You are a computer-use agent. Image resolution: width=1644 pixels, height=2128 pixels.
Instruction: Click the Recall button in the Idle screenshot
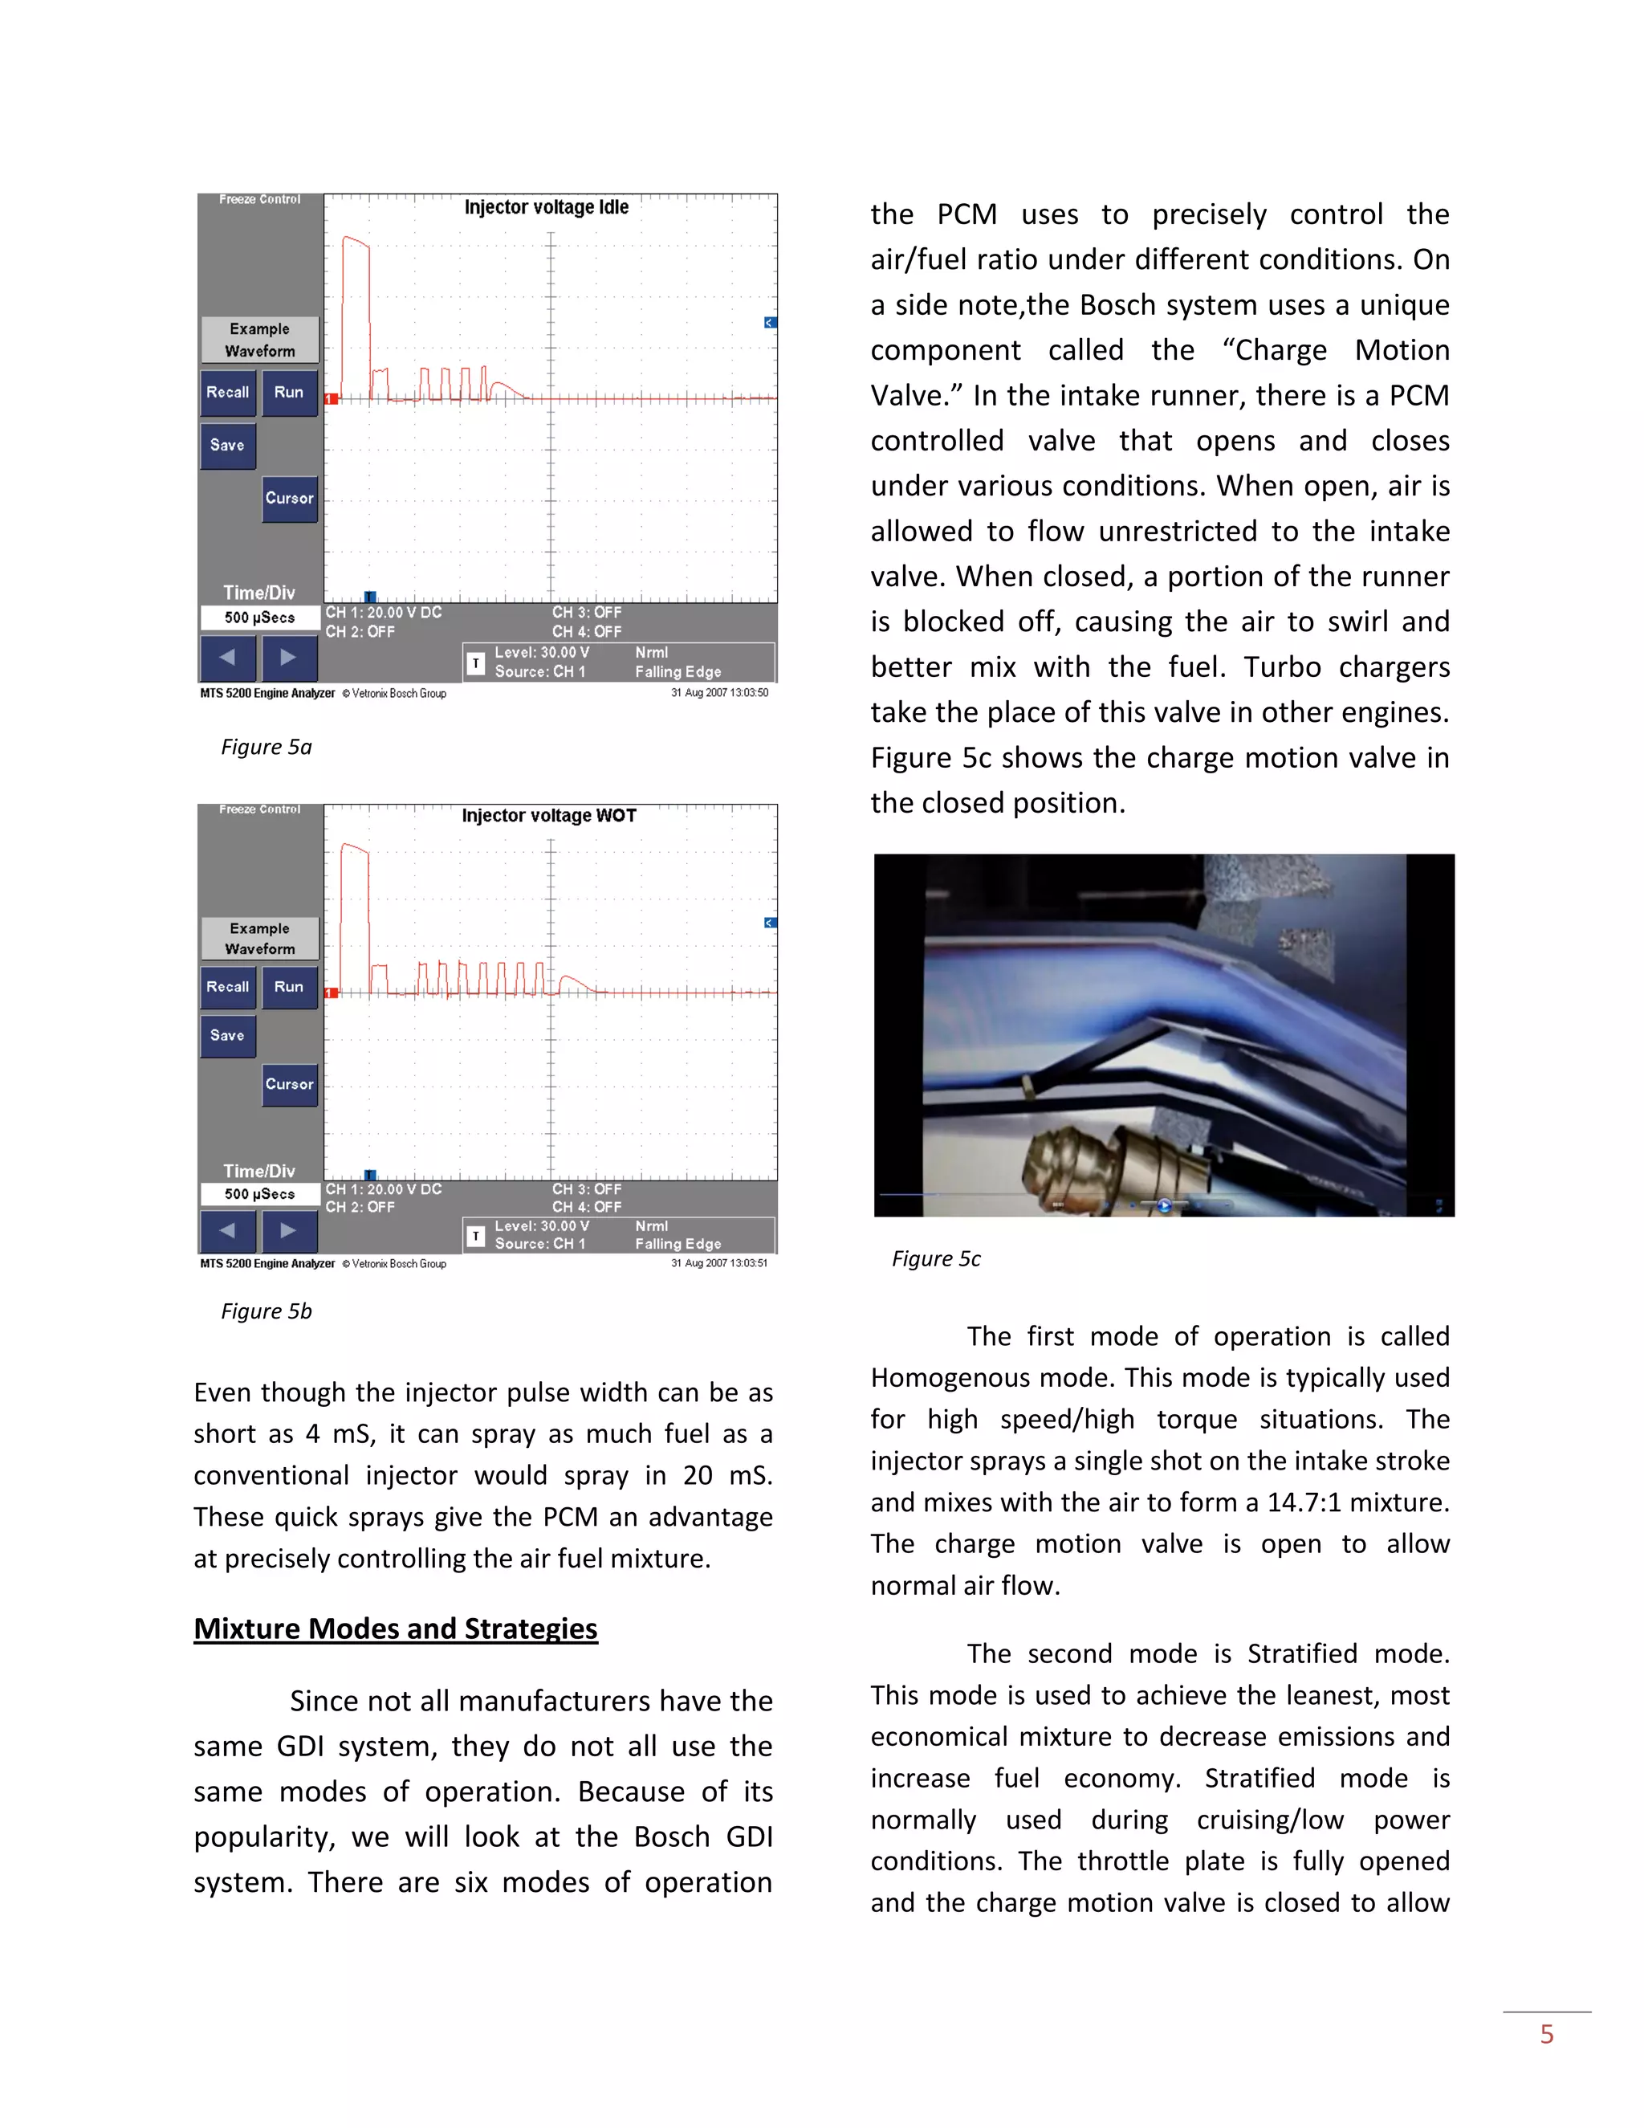tap(228, 393)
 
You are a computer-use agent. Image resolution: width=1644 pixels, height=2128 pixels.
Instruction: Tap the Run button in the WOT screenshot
tap(289, 987)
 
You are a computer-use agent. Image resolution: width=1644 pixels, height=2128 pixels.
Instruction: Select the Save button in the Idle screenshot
tap(228, 446)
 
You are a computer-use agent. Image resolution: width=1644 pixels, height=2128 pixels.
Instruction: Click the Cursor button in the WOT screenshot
tap(289, 1084)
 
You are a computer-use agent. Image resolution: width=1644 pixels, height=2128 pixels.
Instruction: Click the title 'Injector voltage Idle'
tap(547, 207)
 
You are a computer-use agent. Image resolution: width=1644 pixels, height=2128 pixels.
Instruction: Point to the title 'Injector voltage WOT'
tap(548, 816)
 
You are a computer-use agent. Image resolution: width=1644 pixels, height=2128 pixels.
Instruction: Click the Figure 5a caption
tap(266, 748)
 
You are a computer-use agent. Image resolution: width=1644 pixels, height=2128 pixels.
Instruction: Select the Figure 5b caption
tap(266, 1311)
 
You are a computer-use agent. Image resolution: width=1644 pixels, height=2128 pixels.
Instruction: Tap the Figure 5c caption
tap(936, 1259)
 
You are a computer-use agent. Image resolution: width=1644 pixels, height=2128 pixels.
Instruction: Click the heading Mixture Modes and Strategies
tap(396, 1629)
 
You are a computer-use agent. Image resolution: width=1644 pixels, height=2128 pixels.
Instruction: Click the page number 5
tap(1547, 2035)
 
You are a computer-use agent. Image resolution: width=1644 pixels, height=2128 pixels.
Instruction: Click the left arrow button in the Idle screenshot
tap(228, 658)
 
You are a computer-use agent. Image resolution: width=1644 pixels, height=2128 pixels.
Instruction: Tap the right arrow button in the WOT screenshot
tap(289, 1230)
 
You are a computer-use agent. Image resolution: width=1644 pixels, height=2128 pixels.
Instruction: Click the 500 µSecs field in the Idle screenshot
tap(259, 618)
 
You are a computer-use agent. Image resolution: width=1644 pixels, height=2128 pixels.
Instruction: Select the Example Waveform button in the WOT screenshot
tap(259, 938)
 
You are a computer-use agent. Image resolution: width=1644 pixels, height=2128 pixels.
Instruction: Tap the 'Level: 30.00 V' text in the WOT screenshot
tap(542, 1225)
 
